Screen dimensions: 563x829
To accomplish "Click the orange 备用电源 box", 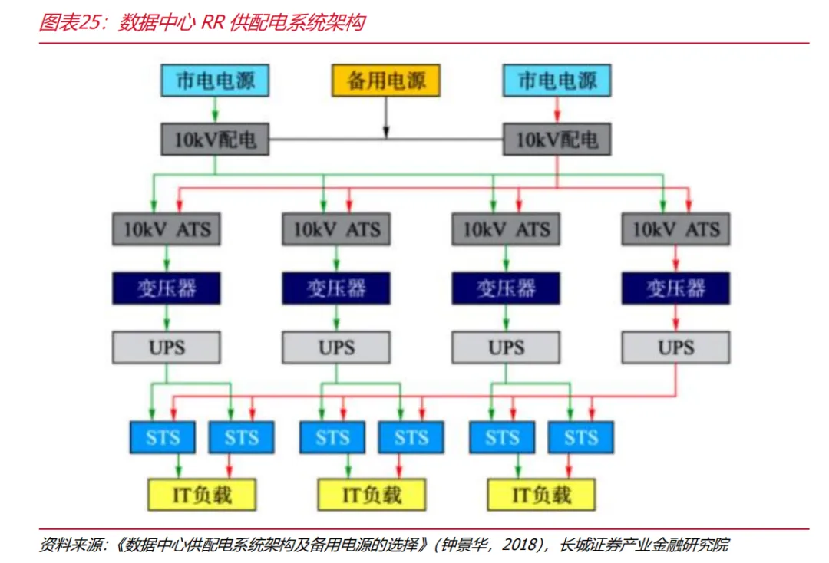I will (385, 81).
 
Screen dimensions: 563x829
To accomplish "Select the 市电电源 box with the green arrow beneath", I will (216, 81).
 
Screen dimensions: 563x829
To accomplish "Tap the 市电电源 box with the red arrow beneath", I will (557, 81).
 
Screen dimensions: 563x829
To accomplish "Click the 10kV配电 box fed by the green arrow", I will (216, 140).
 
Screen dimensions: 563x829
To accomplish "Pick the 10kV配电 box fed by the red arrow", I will (557, 140).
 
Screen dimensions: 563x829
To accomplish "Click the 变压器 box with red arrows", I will (675, 288).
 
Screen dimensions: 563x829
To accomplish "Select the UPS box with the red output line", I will (675, 347).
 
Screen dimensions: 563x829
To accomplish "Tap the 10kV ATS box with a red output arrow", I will (675, 229).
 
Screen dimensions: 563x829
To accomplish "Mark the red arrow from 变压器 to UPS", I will (675, 318).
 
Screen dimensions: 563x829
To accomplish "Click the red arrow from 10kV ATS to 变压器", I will (675, 259).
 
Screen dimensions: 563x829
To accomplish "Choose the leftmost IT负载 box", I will (202, 495).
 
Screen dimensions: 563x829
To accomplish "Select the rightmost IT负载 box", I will (542, 495).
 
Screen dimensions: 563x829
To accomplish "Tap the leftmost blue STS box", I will (163, 438).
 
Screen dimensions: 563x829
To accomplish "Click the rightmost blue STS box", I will (580, 438).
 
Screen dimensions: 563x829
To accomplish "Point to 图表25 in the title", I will (71, 23).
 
